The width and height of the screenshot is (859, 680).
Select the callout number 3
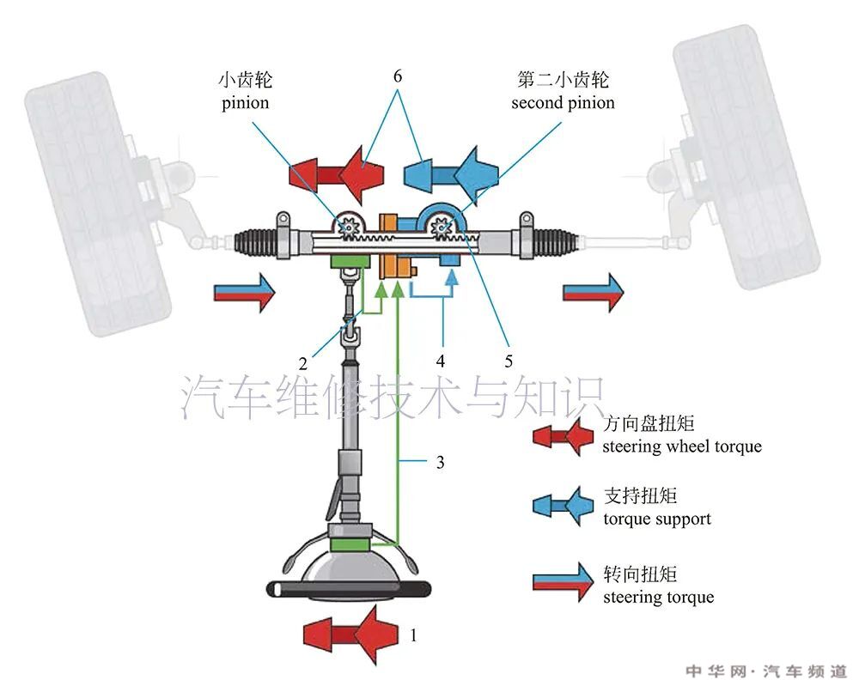tap(440, 463)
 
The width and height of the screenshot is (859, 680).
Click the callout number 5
tap(509, 361)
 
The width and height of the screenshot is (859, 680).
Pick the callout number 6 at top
tap(398, 76)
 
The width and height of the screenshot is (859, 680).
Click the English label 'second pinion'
tap(563, 103)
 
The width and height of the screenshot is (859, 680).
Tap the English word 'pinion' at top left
tap(245, 103)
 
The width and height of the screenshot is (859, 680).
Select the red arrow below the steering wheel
tap(351, 634)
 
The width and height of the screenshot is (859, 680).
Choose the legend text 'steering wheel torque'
tap(682, 446)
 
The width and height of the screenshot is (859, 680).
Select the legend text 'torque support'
tap(657, 519)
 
